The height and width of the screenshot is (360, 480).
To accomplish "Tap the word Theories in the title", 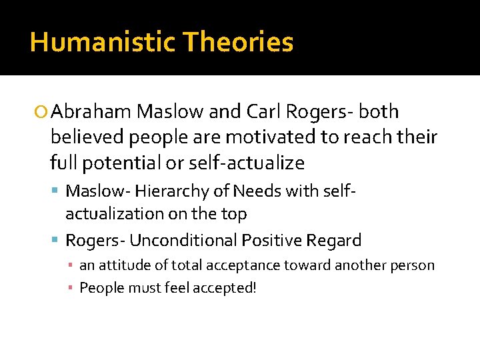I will click(x=239, y=42).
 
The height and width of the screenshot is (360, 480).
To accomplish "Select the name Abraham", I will click(x=91, y=111).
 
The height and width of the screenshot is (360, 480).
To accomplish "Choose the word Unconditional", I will click(x=184, y=240).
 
